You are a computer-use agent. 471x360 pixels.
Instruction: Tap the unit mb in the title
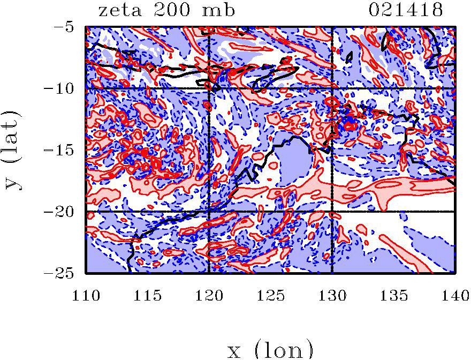[x=217, y=10]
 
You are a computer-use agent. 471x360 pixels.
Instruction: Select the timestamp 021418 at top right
[x=407, y=10]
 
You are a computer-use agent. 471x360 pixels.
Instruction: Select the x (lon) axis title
[x=270, y=349]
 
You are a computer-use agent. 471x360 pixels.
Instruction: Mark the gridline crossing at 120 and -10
[x=209, y=88]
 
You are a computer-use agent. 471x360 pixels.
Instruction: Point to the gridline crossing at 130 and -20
[x=332, y=212]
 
